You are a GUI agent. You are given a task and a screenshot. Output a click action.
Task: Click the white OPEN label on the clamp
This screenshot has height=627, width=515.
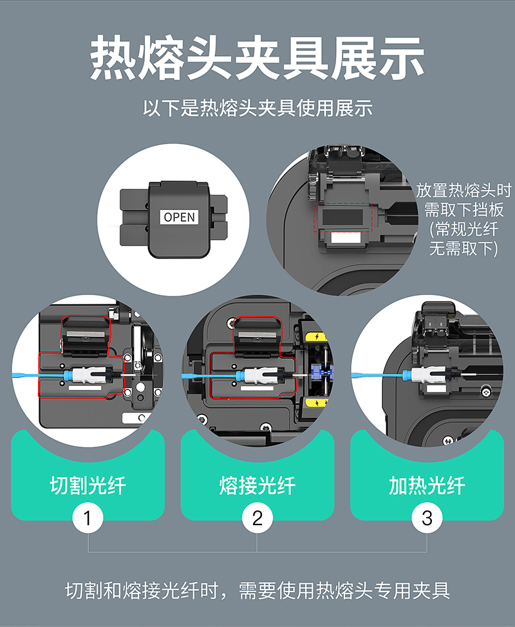click(179, 217)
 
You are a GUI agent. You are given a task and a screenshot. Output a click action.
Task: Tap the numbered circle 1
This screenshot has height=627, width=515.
click(88, 518)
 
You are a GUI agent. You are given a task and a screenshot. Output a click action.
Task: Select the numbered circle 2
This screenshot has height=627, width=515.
click(257, 518)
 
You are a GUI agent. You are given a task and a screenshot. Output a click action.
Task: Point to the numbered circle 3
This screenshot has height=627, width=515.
click(427, 518)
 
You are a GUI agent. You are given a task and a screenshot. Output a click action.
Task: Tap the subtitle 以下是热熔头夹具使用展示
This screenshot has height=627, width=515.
click(257, 108)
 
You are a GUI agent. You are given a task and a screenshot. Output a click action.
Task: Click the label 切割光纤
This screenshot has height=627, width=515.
click(88, 485)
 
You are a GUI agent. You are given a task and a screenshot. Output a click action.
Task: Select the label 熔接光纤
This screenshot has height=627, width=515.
click(257, 485)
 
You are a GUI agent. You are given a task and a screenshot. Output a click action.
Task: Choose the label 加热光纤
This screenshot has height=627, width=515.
click(427, 485)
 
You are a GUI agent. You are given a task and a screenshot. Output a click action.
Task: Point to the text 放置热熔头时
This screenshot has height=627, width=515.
click(464, 190)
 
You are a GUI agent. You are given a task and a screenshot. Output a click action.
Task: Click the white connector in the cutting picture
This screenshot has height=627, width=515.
click(85, 375)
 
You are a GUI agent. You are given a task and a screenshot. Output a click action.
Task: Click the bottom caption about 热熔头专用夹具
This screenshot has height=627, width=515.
click(257, 590)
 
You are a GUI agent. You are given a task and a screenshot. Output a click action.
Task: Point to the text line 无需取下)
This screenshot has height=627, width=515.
click(464, 248)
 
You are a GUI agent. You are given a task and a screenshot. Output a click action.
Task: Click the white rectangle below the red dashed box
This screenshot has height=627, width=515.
click(346, 238)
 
